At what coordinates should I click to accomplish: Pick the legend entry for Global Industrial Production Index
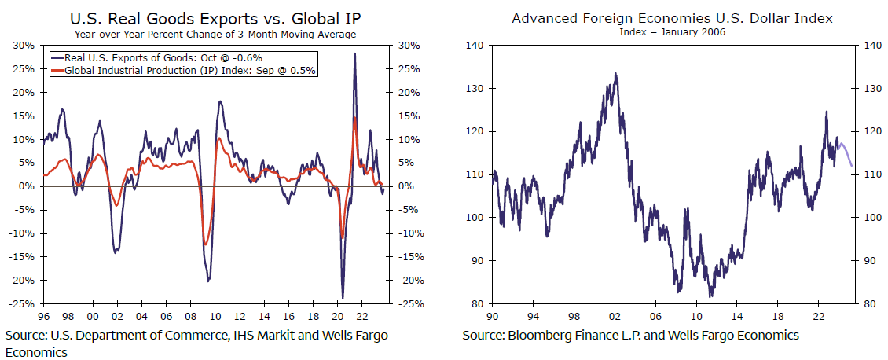(189, 70)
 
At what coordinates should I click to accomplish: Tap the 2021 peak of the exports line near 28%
(355, 54)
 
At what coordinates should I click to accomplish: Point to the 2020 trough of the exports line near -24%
(343, 298)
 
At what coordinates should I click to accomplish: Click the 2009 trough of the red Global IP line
(205, 244)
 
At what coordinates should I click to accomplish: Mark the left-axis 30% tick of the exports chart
(24, 45)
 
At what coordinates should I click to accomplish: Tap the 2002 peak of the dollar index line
(615, 73)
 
